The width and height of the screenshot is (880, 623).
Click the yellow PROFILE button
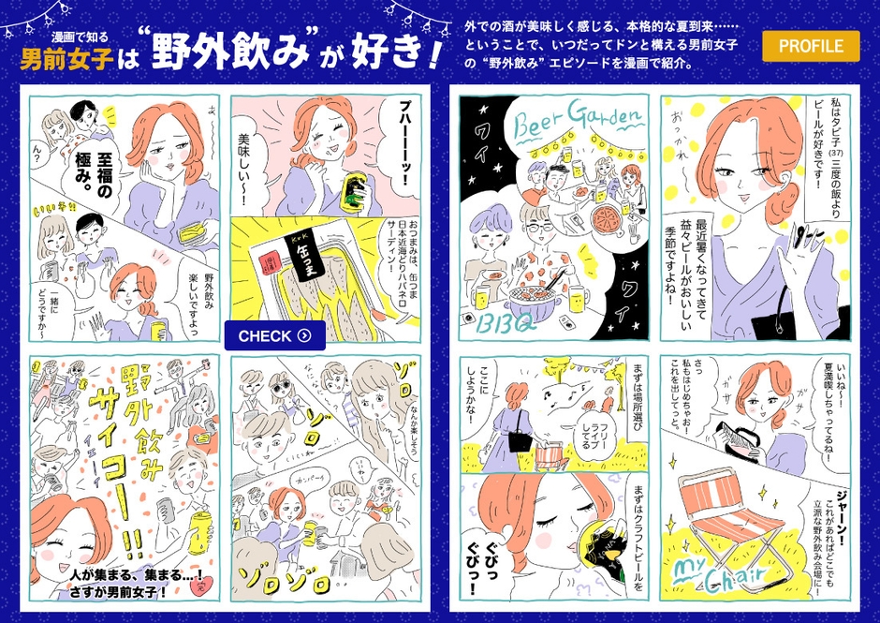click(x=811, y=46)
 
